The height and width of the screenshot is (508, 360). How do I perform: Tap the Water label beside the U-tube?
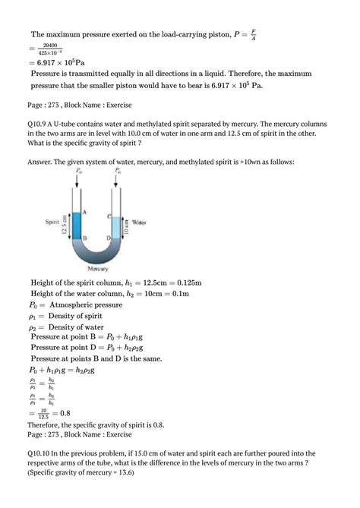[139, 222]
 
